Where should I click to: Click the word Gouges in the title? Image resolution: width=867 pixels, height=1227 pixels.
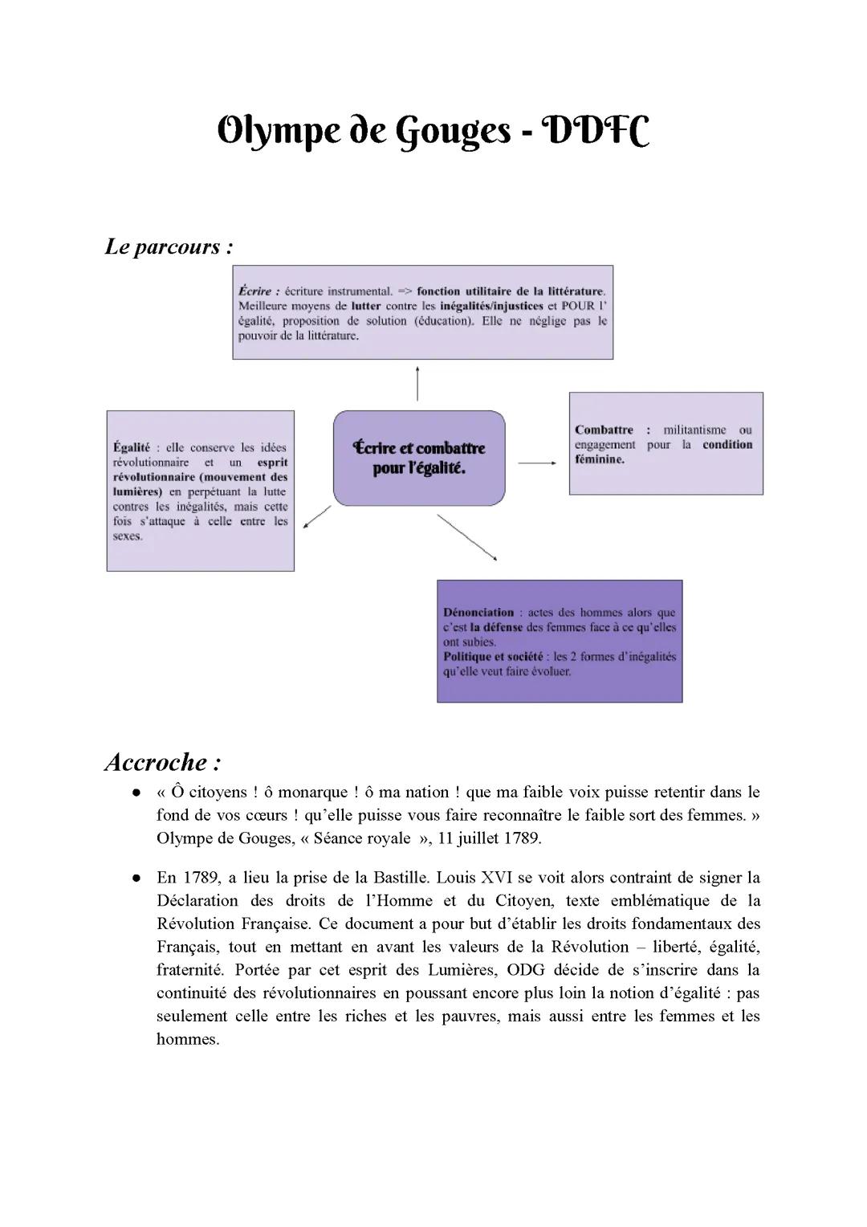click(454, 132)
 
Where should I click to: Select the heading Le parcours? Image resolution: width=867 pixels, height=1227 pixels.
click(169, 247)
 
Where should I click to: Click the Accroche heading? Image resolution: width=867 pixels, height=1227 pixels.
click(163, 761)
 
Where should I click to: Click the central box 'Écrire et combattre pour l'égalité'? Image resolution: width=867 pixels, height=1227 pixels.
click(419, 458)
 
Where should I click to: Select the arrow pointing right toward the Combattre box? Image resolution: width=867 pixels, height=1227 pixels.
click(537, 463)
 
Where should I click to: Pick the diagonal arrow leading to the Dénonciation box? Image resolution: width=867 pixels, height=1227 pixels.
click(467, 537)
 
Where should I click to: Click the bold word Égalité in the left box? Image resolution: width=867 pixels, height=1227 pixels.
click(132, 447)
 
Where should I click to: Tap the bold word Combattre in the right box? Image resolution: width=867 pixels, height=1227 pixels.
click(604, 430)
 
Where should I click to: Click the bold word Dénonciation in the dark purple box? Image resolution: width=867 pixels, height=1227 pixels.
click(478, 612)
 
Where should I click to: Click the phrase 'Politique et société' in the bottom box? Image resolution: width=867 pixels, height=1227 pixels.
click(493, 656)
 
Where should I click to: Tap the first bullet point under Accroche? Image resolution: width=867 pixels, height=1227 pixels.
click(136, 793)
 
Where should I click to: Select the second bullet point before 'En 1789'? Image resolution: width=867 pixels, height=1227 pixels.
click(136, 878)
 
